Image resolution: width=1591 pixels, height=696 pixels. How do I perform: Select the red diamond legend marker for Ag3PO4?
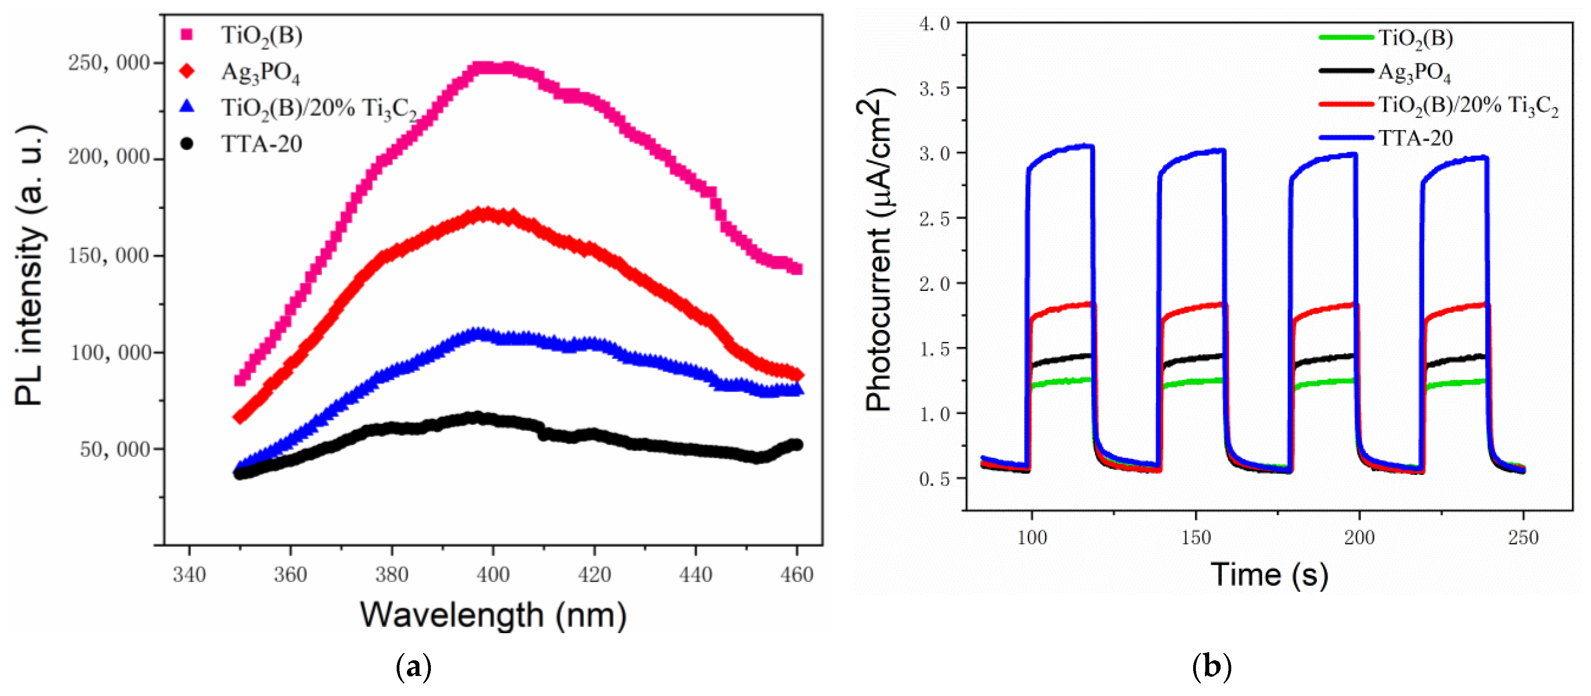tap(186, 71)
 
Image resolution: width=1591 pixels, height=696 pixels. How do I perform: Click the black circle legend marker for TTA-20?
tap(186, 143)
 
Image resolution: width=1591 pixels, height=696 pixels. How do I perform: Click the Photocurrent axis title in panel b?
tap(878, 250)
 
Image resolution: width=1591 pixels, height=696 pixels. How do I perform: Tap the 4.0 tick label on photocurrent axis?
tap(934, 24)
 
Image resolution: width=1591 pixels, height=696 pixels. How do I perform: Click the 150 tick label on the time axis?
tap(1196, 537)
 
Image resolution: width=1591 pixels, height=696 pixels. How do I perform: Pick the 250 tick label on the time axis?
tap(1523, 537)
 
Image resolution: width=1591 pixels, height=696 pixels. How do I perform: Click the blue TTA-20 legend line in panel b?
tap(1346, 137)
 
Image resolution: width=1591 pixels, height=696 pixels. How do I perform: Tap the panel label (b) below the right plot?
tap(1211, 667)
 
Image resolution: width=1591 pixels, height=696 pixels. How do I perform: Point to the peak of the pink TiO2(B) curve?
tap(491, 67)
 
